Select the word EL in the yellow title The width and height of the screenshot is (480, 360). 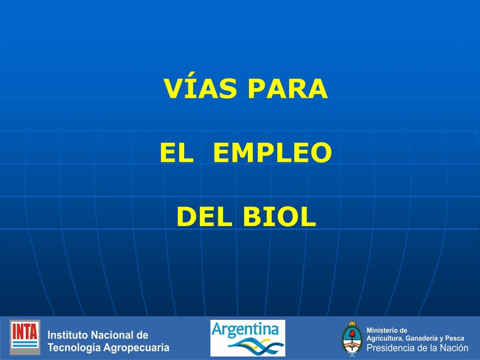pyautogui.click(x=176, y=154)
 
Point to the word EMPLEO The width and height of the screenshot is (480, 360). pyautogui.click(x=272, y=154)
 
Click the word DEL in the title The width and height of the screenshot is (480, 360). pyautogui.click(x=204, y=217)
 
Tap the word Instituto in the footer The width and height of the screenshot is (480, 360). pyautogui.click(x=68, y=335)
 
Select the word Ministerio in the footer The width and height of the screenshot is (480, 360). pyautogui.click(x=387, y=330)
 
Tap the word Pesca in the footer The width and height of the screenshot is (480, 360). pyautogui.click(x=455, y=338)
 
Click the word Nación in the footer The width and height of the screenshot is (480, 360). pyautogui.click(x=454, y=348)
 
